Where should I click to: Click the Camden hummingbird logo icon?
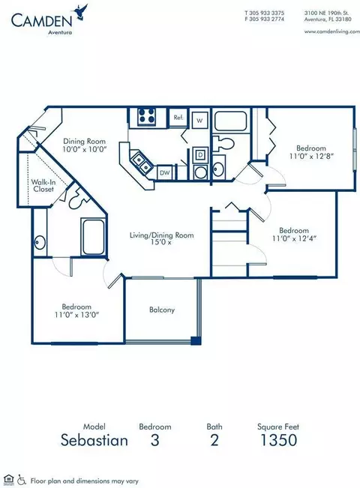pos(80,13)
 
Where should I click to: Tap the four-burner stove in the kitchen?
pos(146,116)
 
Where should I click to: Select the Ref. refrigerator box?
pos(178,118)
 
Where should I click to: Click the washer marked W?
pos(199,120)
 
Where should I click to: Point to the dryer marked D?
pos(200,154)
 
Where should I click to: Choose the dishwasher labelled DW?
pos(164,172)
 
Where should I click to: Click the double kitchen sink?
pos(141,163)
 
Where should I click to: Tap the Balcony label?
pos(162,310)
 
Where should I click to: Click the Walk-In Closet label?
pos(43,185)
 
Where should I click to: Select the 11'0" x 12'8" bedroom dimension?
pos(311,156)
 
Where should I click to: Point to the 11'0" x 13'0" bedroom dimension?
pos(77,314)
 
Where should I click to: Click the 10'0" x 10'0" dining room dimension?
pos(85,149)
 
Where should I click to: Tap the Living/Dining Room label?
pos(162,235)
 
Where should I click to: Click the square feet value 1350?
pos(278,440)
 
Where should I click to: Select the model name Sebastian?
pos(94,440)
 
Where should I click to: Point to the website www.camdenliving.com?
pos(332,31)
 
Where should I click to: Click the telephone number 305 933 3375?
pos(267,13)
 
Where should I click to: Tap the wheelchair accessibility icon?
pos(22,480)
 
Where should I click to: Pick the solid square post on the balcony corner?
pos(196,340)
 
